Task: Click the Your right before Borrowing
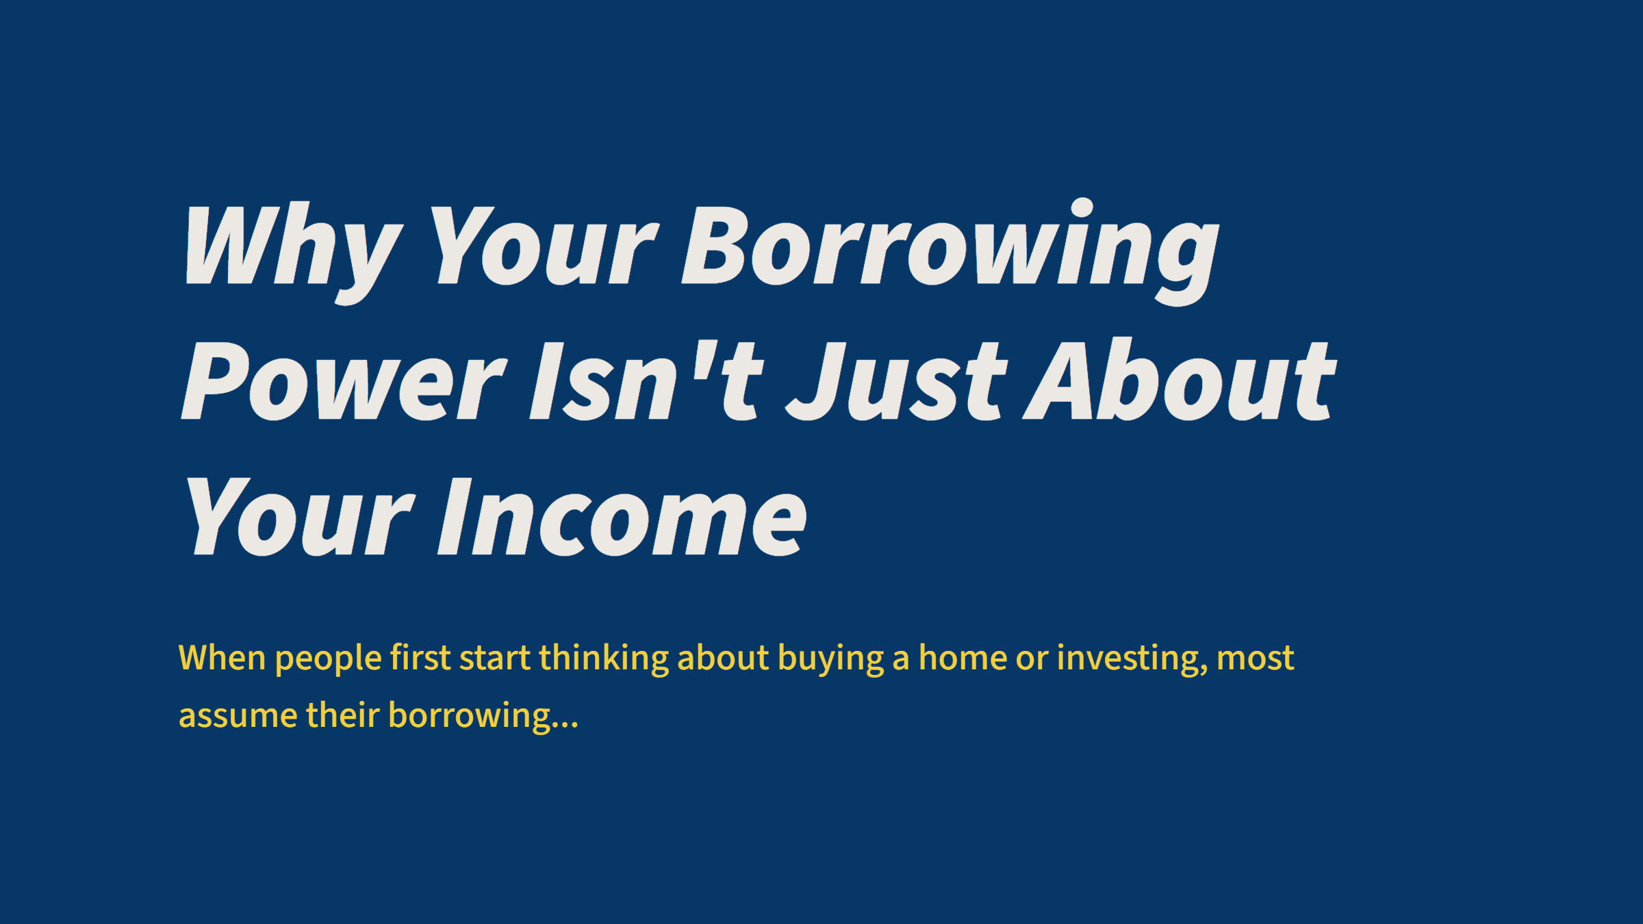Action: click(544, 246)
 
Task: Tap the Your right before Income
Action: click(298, 517)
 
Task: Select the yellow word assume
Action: click(238, 716)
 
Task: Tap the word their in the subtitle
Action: click(342, 715)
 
